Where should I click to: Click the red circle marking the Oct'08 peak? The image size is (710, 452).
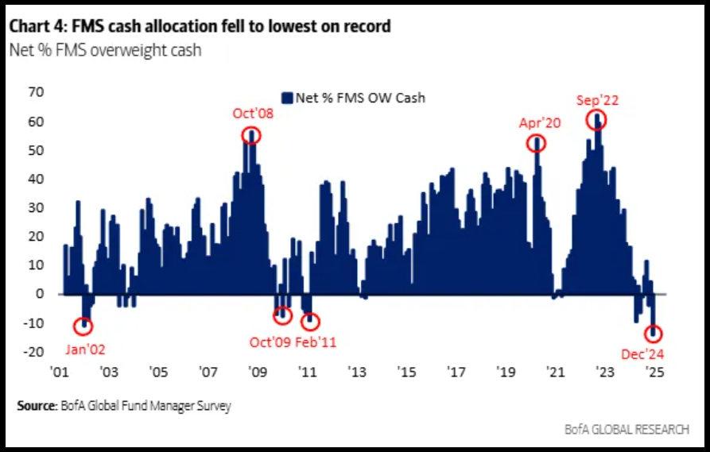pos(252,135)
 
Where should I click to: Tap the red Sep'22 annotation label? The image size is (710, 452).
pos(597,100)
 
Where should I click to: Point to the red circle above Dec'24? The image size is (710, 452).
pos(655,334)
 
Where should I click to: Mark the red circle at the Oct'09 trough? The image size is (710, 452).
pos(282,316)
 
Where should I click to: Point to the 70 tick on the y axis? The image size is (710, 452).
pos(36,92)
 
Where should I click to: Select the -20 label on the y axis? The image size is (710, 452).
pos(34,352)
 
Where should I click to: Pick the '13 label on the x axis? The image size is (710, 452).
pos(357,372)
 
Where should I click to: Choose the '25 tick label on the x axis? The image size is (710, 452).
pos(654,372)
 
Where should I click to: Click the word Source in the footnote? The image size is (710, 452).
pos(35,406)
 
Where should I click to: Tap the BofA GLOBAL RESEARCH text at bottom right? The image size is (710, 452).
pos(636,429)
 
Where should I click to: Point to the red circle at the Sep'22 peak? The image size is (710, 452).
pos(596,120)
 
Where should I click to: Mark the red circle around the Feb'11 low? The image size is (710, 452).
pos(310,322)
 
